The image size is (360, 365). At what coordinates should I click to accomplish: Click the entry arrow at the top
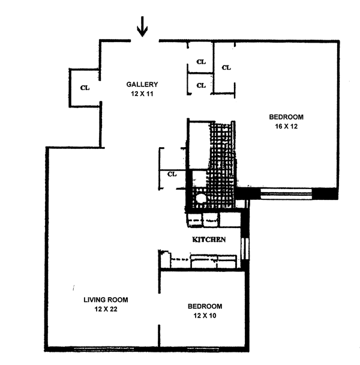click(143, 26)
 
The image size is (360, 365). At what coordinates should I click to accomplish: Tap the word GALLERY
click(142, 84)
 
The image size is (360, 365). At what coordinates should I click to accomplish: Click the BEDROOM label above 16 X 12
click(286, 117)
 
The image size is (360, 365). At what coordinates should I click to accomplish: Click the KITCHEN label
click(208, 240)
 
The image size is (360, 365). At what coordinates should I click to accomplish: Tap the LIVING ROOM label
click(106, 300)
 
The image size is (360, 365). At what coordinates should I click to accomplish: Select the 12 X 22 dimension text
click(106, 309)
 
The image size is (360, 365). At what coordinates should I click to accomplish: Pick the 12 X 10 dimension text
click(202, 315)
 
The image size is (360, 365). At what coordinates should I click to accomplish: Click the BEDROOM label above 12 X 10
click(202, 306)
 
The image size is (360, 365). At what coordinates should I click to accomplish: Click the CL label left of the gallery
click(85, 88)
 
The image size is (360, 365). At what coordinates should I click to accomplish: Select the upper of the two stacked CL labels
click(201, 62)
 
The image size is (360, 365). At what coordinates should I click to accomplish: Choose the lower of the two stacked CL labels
click(201, 85)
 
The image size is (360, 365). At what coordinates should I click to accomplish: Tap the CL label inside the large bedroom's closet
click(226, 67)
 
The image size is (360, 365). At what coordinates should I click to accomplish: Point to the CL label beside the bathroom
click(173, 175)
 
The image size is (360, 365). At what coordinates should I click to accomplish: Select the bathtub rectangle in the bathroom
click(197, 144)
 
